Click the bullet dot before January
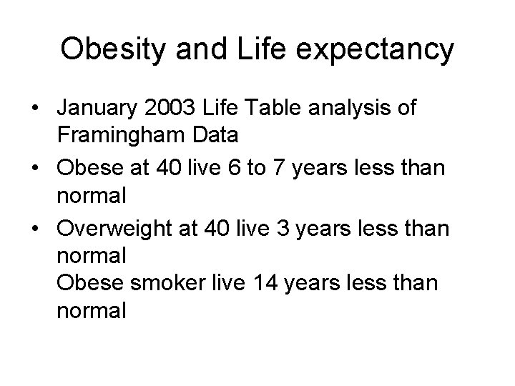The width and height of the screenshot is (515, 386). (x=34, y=109)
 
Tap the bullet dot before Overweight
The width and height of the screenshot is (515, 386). (x=34, y=230)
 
